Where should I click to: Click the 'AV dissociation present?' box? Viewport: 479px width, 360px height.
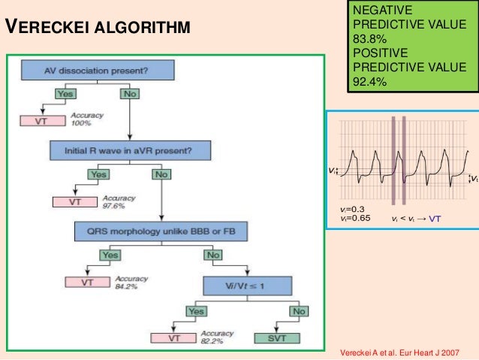point(98,71)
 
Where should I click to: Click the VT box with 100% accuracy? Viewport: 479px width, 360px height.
point(41,120)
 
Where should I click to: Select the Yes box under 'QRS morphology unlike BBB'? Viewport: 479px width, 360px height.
point(110,255)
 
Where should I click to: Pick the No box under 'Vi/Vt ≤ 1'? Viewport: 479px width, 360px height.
point(299,310)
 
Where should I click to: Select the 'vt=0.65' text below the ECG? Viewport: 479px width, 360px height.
point(355,219)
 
